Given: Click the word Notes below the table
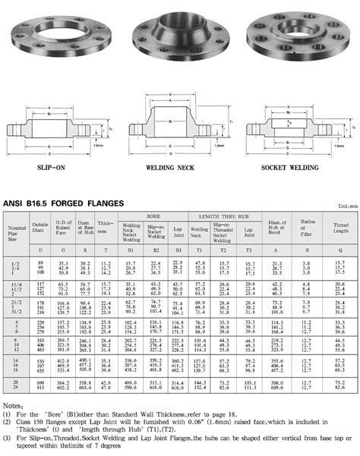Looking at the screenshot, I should [13, 407].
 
